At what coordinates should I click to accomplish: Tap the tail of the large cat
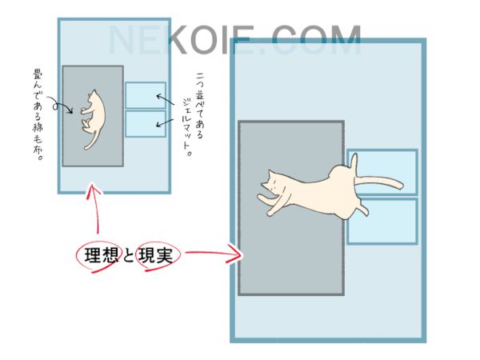(x=379, y=182)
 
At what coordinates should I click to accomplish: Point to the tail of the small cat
(x=93, y=141)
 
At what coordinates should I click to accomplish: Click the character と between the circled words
(x=128, y=256)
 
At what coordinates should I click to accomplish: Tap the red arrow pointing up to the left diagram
(x=94, y=208)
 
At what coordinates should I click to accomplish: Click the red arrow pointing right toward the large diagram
(x=214, y=253)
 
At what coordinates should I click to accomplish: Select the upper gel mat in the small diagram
(x=146, y=95)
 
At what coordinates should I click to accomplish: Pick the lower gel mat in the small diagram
(x=146, y=124)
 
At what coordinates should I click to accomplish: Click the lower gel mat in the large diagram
(x=382, y=222)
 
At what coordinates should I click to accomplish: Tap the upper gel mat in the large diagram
(x=382, y=172)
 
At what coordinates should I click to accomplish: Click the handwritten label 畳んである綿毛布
(x=38, y=115)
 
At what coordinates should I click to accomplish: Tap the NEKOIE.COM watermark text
(x=235, y=40)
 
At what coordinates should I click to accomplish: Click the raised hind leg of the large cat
(x=354, y=165)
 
